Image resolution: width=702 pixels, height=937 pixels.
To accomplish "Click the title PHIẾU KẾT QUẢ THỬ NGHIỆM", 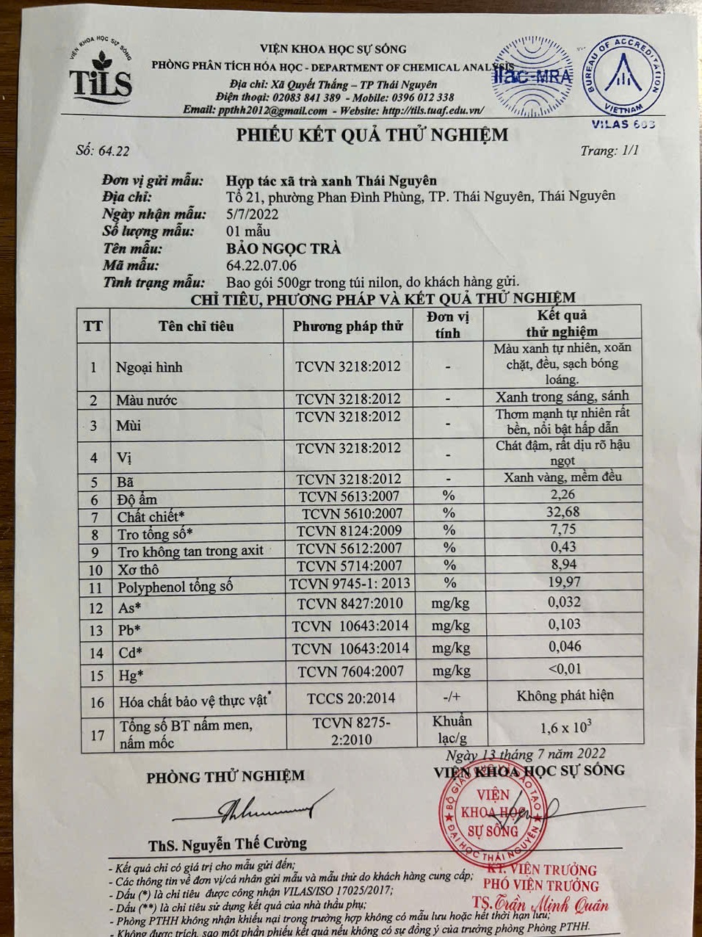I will pos(372,134).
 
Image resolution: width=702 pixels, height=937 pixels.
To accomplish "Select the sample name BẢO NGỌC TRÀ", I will pos(283,248).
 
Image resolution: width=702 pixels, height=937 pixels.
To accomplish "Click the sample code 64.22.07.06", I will pos(261,265).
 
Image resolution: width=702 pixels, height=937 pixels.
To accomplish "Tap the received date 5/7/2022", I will pos(252,214).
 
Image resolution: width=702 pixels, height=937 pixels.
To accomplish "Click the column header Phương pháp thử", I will pos(348,326).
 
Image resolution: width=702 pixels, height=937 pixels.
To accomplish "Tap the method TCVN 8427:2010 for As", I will pos(350,604).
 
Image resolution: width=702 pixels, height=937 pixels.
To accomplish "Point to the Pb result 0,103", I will pos(564,624).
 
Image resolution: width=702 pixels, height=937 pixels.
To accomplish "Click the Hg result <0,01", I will pos(564,669).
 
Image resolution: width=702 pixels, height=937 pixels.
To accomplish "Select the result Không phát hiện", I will pos(565,695).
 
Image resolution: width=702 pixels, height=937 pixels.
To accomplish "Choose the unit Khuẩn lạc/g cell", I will pos(452,729).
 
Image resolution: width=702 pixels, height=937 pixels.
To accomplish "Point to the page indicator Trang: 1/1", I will pos(609,151).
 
